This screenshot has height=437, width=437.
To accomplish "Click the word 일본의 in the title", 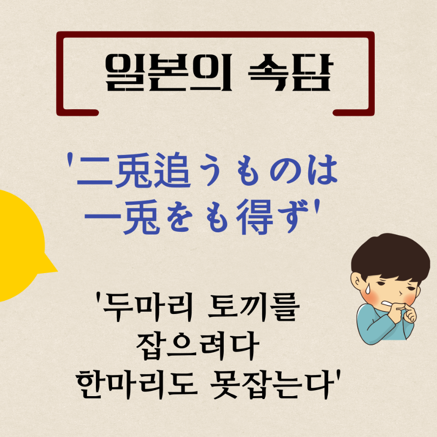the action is (169, 72).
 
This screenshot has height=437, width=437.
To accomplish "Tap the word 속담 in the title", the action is (290, 72).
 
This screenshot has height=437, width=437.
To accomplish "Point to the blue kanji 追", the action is (172, 170).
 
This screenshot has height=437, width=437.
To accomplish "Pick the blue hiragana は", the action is (323, 170).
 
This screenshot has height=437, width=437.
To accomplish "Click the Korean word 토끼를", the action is (254, 306).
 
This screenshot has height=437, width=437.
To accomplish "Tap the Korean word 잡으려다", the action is (198, 346).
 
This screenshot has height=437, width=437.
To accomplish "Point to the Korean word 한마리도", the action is (137, 385).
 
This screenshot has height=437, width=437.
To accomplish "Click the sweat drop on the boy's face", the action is (368, 289).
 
